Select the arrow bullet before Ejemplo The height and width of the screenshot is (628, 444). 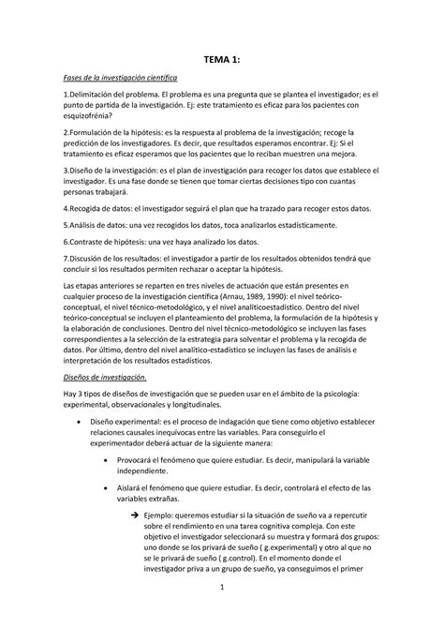pyautogui.click(x=135, y=488)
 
